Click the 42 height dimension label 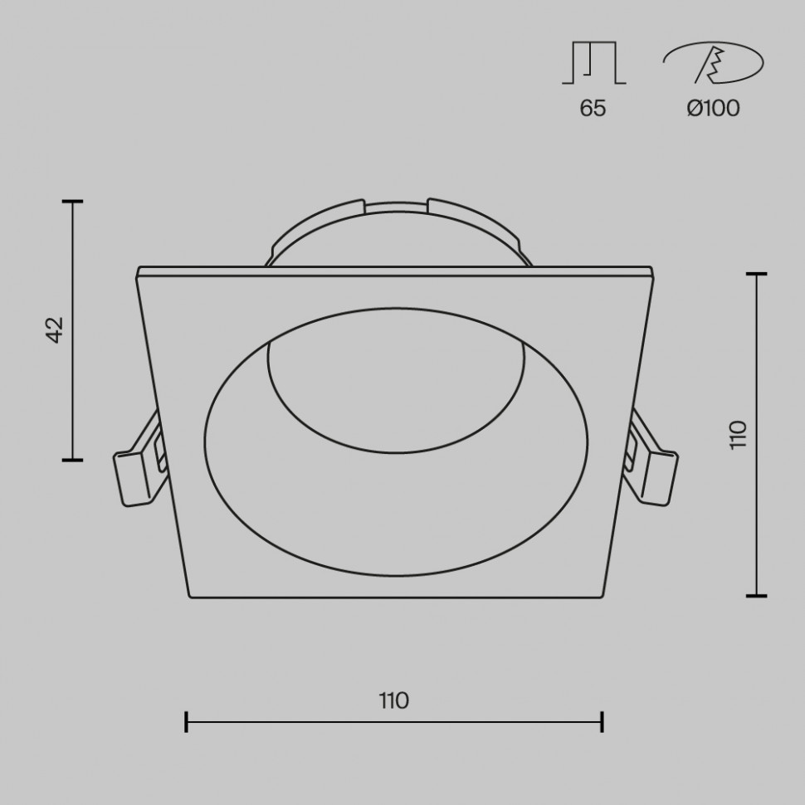click(x=55, y=329)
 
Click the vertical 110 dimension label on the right click(x=738, y=434)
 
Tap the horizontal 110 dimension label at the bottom click(x=394, y=700)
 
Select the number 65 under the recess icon click(x=593, y=108)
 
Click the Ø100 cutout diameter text click(x=713, y=108)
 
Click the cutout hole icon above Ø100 click(x=712, y=65)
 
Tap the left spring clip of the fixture click(x=136, y=465)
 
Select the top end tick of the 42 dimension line click(x=73, y=202)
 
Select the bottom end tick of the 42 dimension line click(x=73, y=459)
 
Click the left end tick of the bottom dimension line click(x=187, y=722)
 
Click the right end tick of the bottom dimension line click(x=602, y=722)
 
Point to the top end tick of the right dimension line click(x=756, y=274)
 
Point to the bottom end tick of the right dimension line click(x=756, y=595)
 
